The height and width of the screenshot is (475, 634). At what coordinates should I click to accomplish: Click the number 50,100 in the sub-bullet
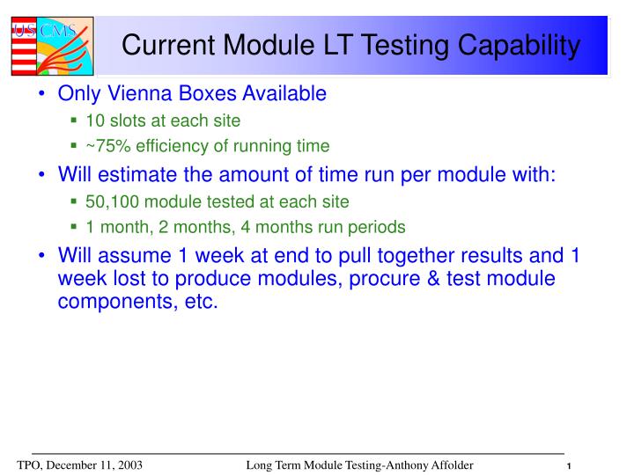tap(110, 201)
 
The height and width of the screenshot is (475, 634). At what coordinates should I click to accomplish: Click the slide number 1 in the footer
tap(570, 465)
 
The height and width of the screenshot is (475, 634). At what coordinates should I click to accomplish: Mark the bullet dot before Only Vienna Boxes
tap(44, 93)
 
